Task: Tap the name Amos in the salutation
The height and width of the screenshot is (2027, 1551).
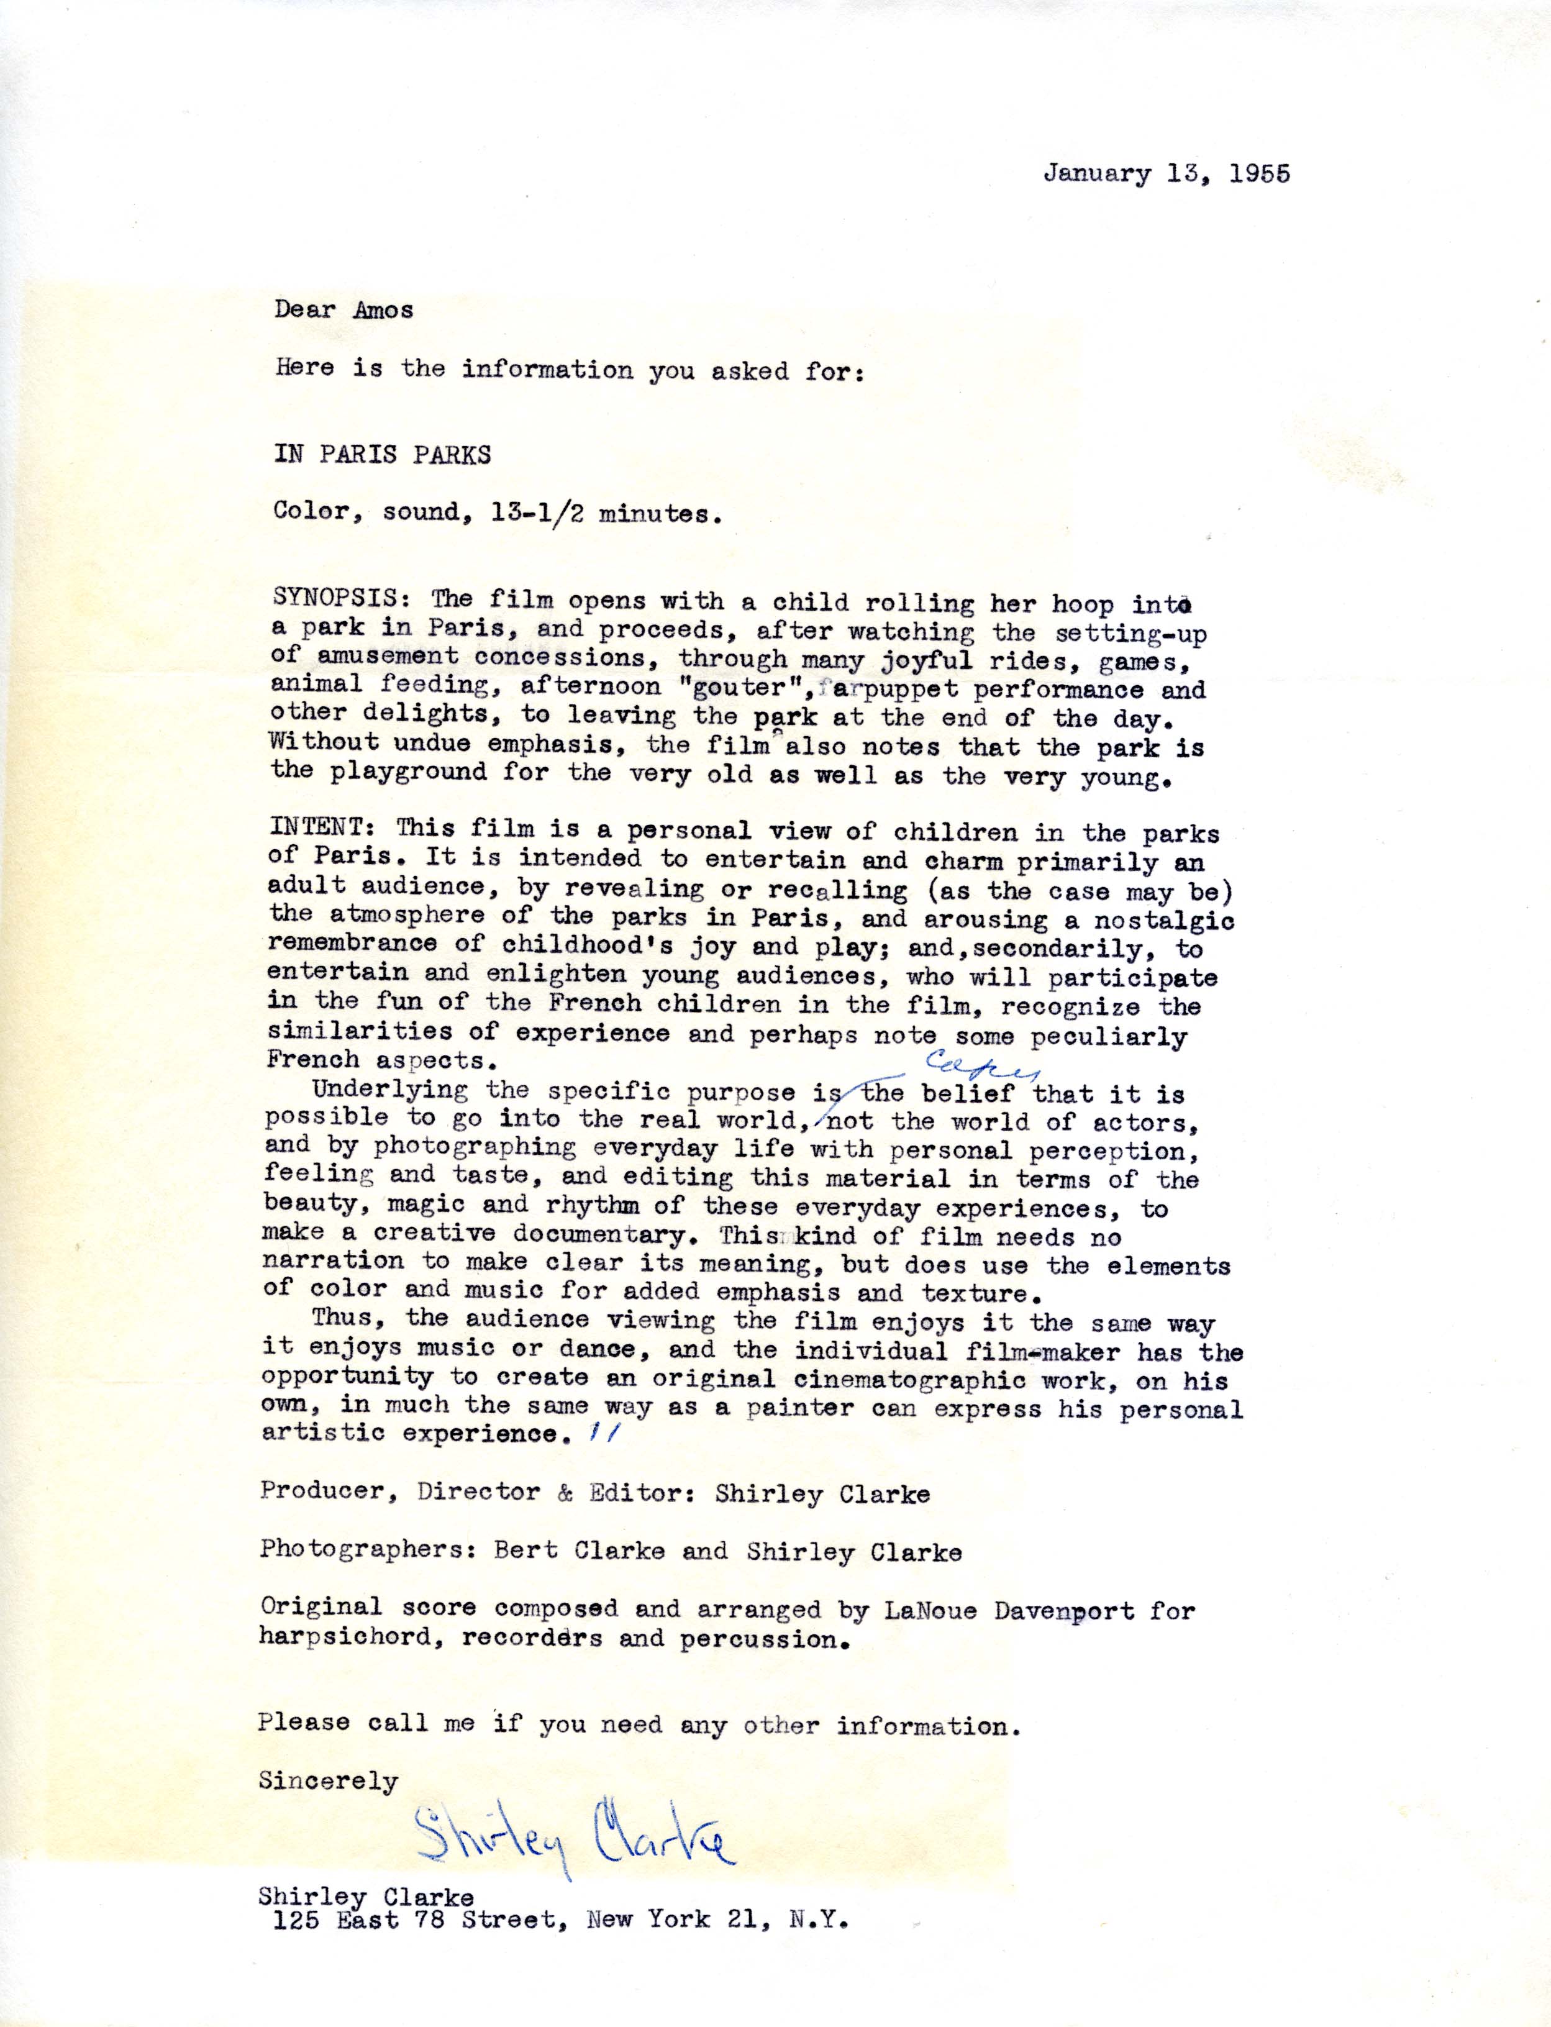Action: click(383, 309)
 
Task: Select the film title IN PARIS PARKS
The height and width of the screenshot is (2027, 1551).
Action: click(382, 455)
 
